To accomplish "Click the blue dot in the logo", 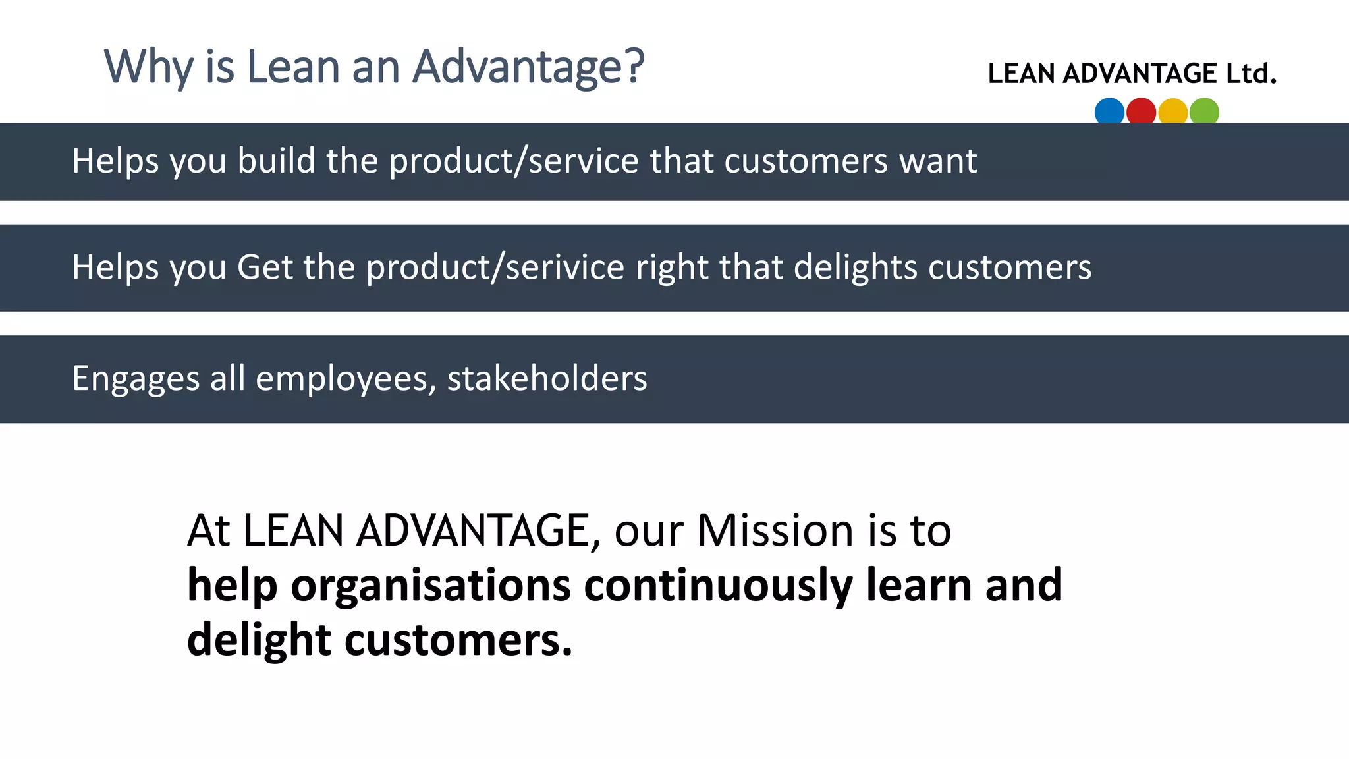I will point(1109,111).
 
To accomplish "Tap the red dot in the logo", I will point(1141,111).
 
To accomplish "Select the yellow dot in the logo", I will point(1172,111).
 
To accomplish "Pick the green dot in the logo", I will point(1204,111).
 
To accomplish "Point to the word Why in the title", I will point(149,67).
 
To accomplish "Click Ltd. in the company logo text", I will point(1251,73).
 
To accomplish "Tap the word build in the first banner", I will point(277,161).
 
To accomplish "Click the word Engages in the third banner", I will point(136,379).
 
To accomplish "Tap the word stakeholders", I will point(547,379).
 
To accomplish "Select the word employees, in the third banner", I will point(346,379).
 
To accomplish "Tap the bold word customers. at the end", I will point(458,640).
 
